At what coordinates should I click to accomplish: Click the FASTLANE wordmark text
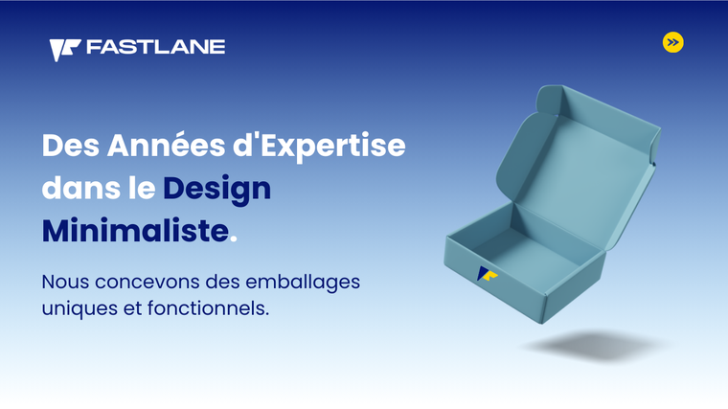coord(155,47)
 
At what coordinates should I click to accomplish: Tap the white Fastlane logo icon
coord(65,50)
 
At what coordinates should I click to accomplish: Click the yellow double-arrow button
coord(672,42)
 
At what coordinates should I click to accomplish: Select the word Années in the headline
coord(166,145)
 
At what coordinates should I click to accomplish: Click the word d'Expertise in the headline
coord(319,147)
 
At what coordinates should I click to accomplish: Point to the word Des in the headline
coord(71,146)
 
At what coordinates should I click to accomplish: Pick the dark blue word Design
coord(216,190)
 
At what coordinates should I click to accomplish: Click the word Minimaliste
coord(136,230)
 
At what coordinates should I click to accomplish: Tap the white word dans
coord(81,188)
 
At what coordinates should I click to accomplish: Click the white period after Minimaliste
coord(234,239)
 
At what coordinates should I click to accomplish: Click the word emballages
coord(303,283)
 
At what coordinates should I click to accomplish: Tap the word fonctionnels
coord(208,307)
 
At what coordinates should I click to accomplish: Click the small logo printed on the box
coord(487,274)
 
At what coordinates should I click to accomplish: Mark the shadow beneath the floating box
coord(597,346)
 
